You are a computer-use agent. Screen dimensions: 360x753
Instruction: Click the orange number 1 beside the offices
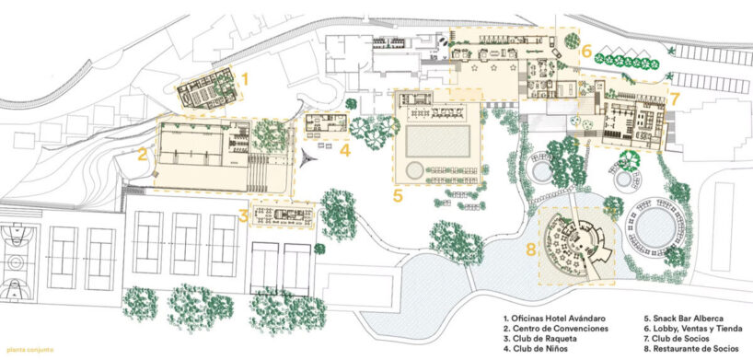click(x=245, y=81)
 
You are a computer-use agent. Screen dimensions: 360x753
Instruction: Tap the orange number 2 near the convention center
click(x=144, y=155)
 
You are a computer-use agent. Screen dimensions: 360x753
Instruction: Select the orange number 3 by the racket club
click(x=242, y=216)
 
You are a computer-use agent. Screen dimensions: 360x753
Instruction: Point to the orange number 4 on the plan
click(x=343, y=149)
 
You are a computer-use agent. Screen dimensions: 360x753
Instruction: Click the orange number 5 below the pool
click(x=398, y=196)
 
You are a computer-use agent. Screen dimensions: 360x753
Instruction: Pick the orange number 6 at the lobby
click(x=585, y=52)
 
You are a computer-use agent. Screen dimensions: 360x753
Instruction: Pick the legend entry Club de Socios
click(x=679, y=339)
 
